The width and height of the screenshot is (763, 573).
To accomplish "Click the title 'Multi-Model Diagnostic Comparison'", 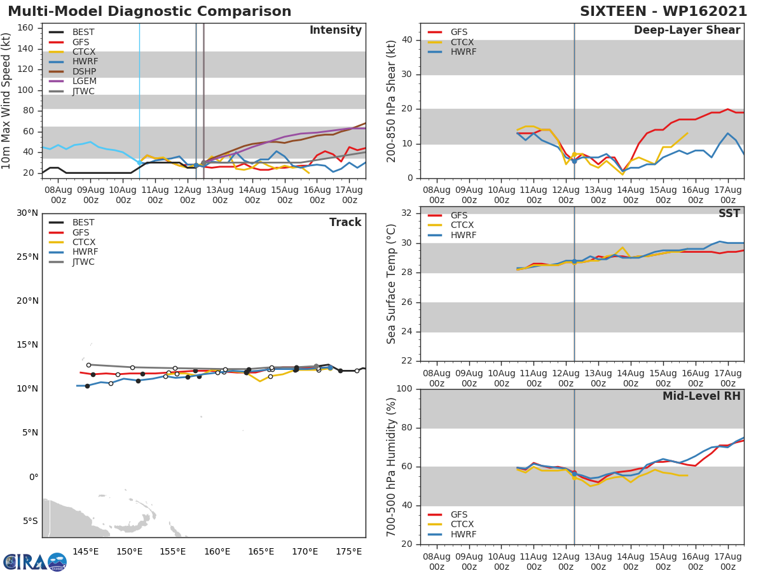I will point(149,11).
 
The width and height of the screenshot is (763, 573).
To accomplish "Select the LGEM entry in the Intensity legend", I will point(84,81).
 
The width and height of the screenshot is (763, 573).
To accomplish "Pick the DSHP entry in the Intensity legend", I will point(84,71).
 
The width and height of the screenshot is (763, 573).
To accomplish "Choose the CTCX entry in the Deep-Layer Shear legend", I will point(463,42).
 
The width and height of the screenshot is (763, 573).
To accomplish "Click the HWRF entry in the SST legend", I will point(463,235).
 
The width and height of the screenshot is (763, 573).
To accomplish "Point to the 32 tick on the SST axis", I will point(408,213).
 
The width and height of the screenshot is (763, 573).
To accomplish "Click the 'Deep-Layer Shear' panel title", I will point(687,31).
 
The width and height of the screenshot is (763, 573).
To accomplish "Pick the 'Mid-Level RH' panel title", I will point(701,396).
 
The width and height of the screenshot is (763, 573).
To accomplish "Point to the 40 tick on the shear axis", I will point(408,40).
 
